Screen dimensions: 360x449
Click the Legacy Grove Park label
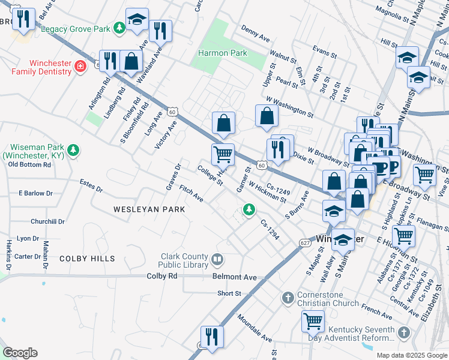[x=76, y=28]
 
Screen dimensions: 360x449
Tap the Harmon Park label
[x=222, y=53]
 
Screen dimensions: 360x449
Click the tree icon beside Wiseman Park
[x=73, y=150]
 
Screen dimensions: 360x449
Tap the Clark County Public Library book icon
[x=217, y=260]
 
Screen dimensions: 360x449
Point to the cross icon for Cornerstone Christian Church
[x=288, y=297]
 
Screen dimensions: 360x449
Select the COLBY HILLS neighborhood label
[x=87, y=259]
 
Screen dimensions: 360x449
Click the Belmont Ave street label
[x=234, y=277]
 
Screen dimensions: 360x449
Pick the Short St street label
[x=229, y=293]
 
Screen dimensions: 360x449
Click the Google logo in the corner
[x=20, y=353]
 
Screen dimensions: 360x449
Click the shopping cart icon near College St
[x=223, y=154]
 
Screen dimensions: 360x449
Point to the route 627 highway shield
[x=304, y=242]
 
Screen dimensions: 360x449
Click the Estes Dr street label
[x=91, y=185]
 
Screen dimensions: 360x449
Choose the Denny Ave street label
[x=255, y=33]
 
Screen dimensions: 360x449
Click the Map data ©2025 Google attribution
[x=412, y=355]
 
